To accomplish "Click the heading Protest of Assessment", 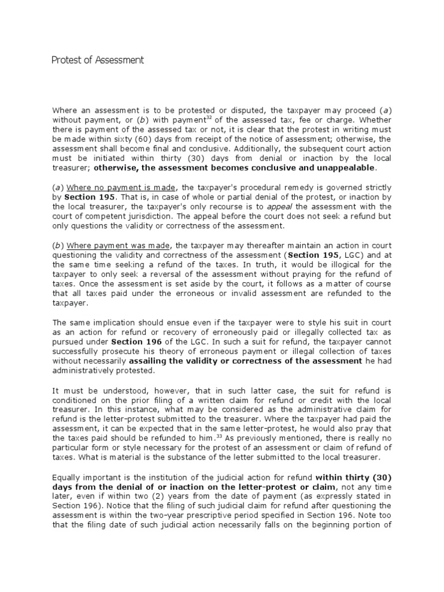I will tap(98, 60).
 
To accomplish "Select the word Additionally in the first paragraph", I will tap(256, 149).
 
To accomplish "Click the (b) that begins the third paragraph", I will tap(58, 245).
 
